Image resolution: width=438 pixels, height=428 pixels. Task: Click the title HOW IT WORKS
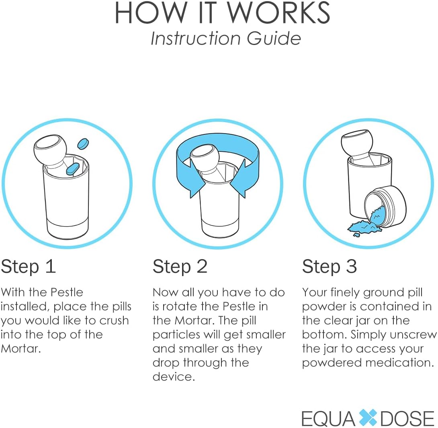[222, 13]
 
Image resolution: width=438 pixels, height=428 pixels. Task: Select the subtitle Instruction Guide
[225, 39]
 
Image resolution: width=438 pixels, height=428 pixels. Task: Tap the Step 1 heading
[28, 266]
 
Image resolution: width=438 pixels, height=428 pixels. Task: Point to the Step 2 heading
[180, 266]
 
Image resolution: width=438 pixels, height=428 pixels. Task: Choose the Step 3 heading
[330, 266]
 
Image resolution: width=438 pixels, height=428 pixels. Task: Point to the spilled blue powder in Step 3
[364, 227]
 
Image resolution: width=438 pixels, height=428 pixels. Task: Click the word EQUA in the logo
[328, 418]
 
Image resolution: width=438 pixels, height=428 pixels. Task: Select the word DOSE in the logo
[407, 418]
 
